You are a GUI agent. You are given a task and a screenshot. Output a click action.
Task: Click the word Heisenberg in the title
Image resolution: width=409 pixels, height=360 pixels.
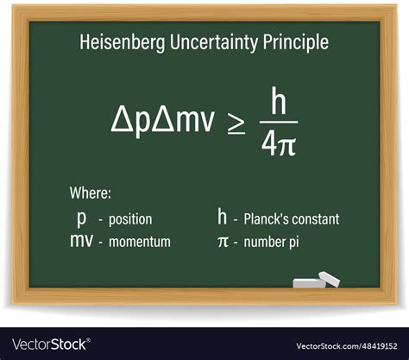pos(117,41)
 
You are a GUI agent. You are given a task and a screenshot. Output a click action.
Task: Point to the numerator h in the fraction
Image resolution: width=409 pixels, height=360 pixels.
pos(278,100)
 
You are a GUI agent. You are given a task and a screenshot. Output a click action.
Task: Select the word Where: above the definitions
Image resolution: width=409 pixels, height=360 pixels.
pos(91,193)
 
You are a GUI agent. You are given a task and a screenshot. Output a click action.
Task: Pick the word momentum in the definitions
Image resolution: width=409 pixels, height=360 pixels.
pos(140,242)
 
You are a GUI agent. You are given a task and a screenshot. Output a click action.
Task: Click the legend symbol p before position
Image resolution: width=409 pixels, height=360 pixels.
pos(82,219)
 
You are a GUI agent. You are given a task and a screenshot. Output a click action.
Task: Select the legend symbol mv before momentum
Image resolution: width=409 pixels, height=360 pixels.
pos(82,241)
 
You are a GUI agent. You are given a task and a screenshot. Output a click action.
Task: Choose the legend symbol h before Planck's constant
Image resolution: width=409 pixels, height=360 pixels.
pos(222,218)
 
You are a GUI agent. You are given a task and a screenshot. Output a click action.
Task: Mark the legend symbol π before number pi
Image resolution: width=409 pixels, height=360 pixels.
pos(222,242)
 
